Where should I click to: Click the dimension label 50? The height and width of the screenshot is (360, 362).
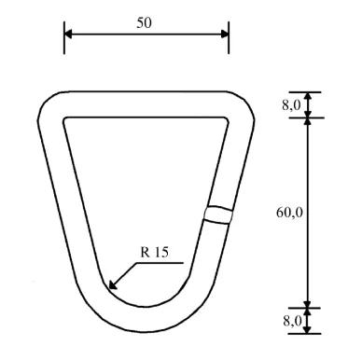coord(144,22)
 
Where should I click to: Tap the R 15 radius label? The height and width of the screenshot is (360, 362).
coord(155,252)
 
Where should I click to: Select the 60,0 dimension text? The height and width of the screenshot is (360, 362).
coord(289,213)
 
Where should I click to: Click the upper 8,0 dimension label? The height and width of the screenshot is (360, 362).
coord(291,105)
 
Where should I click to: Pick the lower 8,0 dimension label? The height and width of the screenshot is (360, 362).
coord(292,322)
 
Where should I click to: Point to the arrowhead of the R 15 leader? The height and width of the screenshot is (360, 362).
coord(113,285)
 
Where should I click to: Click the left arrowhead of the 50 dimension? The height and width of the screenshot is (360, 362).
coord(68,35)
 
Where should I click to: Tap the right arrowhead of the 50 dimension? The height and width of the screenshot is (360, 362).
coord(225,35)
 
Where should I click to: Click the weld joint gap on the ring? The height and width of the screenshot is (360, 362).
coord(218,215)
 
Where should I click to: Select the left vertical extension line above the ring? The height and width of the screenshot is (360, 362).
coord(64,37)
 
